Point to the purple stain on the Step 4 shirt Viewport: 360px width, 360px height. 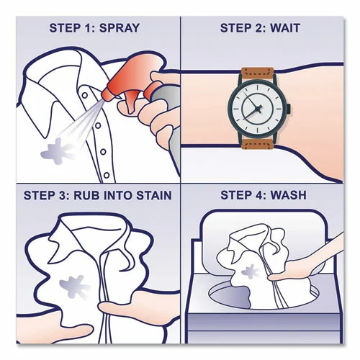click(x=254, y=272)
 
